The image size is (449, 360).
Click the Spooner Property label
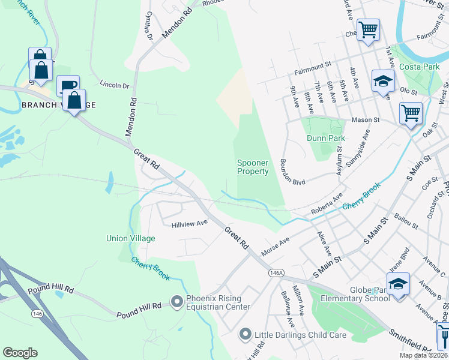click(253, 167)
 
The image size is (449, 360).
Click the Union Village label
click(130, 238)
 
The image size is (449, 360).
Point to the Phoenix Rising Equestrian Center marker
click(176, 302)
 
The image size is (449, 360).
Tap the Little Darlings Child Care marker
click(245, 334)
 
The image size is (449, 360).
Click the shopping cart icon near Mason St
click(411, 113)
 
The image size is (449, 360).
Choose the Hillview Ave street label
click(189, 223)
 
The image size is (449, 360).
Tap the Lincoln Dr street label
click(115, 85)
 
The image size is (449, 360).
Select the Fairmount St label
click(312, 67)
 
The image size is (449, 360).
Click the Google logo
click(20, 353)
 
